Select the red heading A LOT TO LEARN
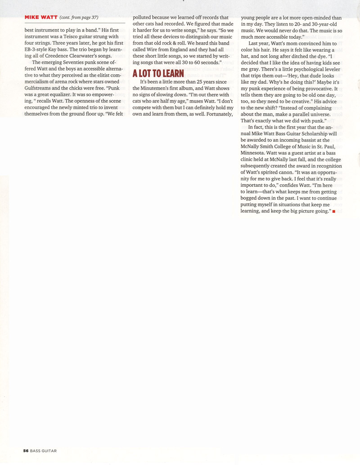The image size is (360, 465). pyautogui.click(x=158, y=73)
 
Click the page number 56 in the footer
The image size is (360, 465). pyautogui.click(x=26, y=450)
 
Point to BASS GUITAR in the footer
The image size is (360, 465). pyautogui.click(x=44, y=450)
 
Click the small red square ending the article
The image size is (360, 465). pyautogui.click(x=333, y=211)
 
